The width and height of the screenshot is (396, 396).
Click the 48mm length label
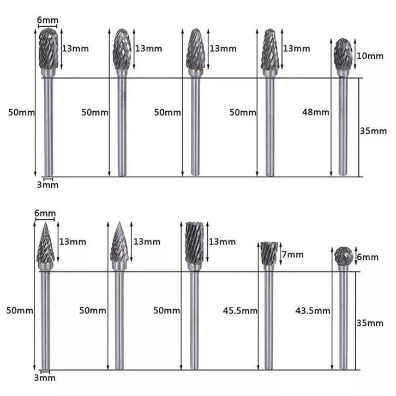coord(315,112)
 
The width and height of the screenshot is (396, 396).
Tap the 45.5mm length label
coord(240,310)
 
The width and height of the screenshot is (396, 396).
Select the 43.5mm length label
coord(313,310)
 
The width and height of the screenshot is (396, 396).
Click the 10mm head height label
coord(370,56)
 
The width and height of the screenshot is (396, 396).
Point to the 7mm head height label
coord(293,254)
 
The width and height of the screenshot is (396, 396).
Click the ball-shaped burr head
coord(344,256)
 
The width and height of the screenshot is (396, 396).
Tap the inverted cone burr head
coord(269,253)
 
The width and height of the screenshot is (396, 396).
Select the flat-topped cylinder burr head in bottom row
coord(194,242)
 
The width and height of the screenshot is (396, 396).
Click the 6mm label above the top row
coord(47,20)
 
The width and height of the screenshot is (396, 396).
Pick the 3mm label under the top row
coord(47,185)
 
